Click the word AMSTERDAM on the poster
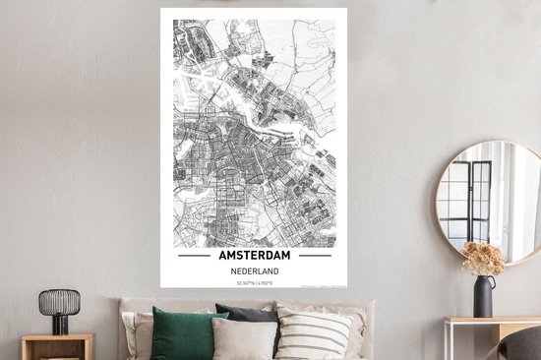(x=254, y=255)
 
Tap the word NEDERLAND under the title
(x=254, y=270)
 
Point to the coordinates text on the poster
(x=254, y=282)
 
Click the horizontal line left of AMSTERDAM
(x=193, y=256)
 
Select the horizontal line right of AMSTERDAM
(x=315, y=256)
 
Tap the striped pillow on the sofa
(x=313, y=334)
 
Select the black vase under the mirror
(x=484, y=296)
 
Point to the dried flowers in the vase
(x=483, y=259)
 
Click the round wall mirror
(x=488, y=202)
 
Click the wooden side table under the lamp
(x=57, y=345)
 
